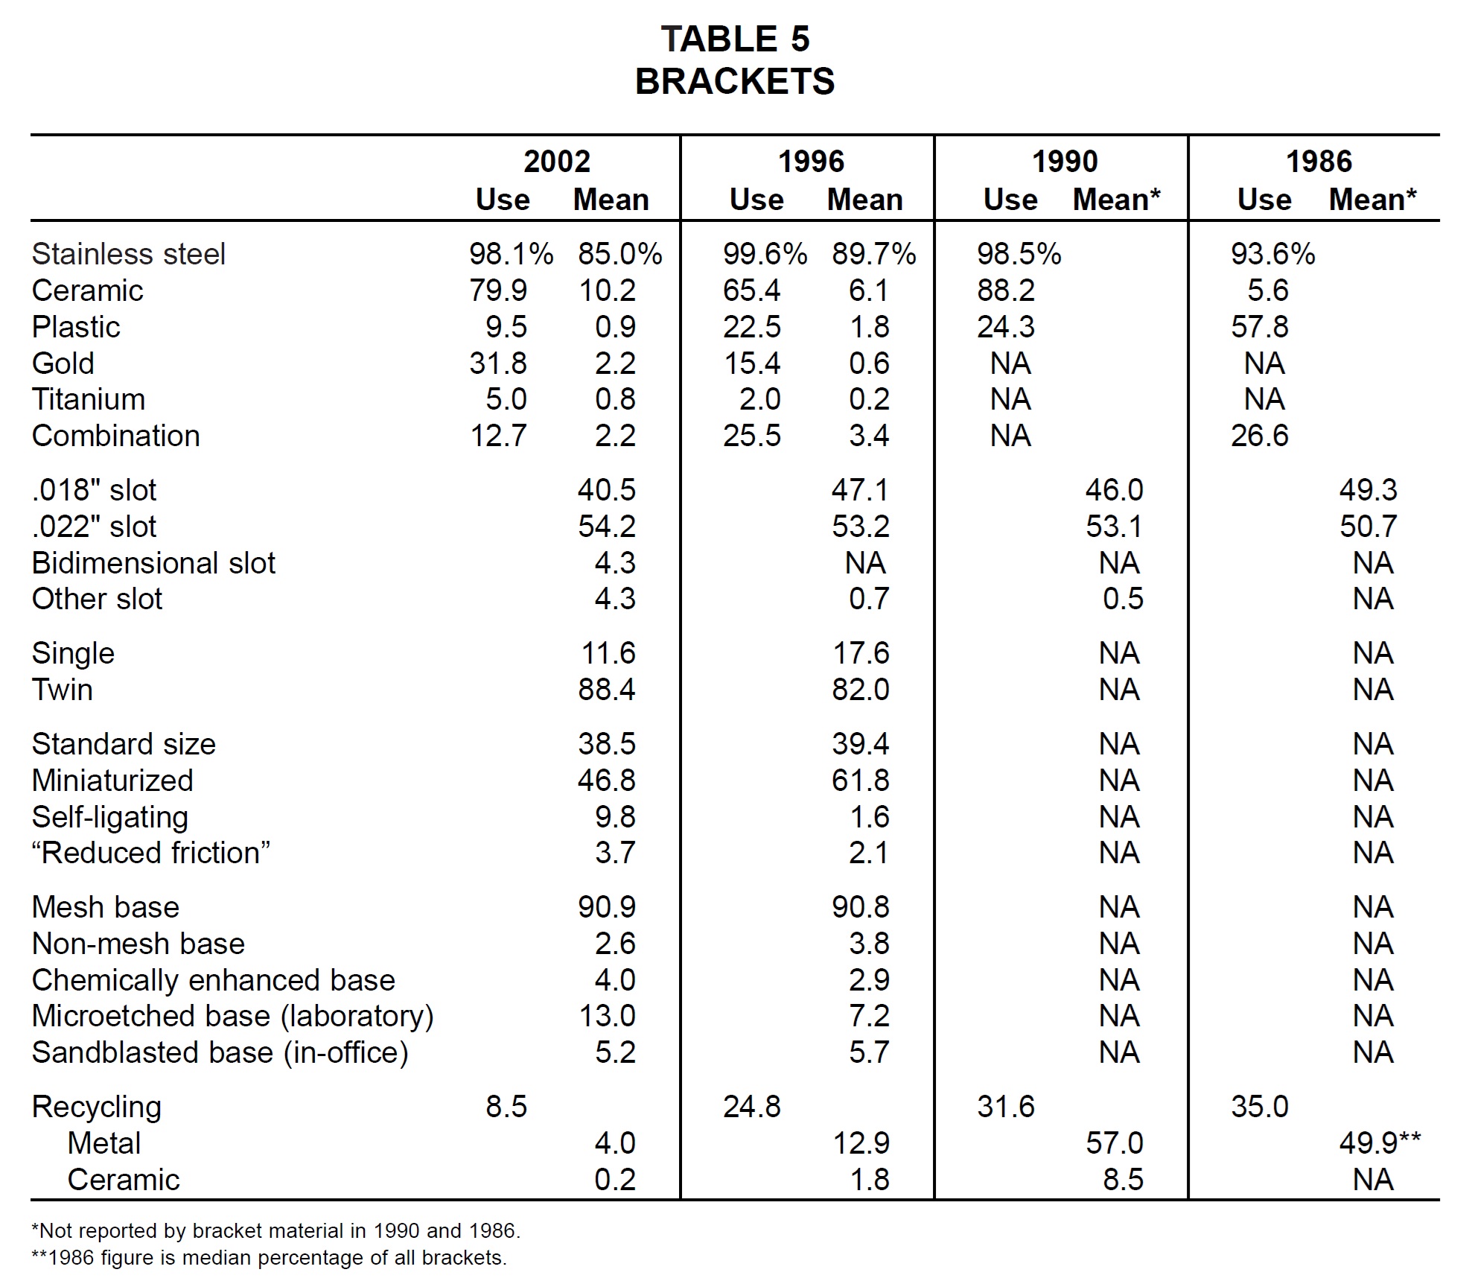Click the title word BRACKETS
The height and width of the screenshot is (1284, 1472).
point(735,81)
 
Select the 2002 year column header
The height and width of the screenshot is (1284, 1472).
point(557,162)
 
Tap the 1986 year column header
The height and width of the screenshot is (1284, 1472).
point(1319,162)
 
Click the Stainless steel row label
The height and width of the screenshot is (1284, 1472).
point(128,254)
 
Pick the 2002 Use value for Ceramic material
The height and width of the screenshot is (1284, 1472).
point(498,290)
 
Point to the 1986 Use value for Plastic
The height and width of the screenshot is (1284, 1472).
point(1260,327)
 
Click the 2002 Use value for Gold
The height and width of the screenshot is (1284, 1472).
point(498,363)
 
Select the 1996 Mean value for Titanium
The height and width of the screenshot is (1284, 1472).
point(869,400)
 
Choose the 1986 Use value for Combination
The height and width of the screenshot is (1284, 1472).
point(1260,436)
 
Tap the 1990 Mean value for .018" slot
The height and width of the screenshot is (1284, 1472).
point(1114,490)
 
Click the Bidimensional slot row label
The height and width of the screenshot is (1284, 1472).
point(153,563)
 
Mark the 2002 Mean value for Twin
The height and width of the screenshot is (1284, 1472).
point(607,690)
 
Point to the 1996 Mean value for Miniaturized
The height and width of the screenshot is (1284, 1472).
point(861,781)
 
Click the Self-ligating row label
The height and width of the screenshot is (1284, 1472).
point(110,818)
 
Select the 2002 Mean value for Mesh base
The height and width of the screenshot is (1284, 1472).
point(607,907)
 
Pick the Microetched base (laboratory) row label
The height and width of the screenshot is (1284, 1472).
point(232,1017)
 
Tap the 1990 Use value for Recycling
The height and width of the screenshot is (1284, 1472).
point(1006,1107)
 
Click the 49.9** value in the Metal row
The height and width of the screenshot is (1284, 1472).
point(1380,1143)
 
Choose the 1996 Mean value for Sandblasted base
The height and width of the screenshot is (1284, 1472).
point(869,1052)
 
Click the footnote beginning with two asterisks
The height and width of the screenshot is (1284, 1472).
point(269,1258)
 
